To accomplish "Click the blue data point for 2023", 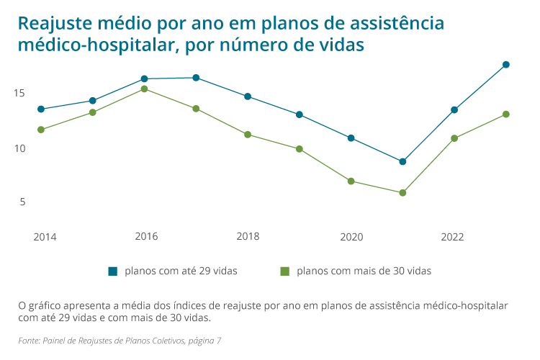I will (x=506, y=65).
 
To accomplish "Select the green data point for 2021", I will (x=402, y=193).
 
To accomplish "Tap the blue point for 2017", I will (x=196, y=78).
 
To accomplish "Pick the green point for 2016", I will (x=144, y=89).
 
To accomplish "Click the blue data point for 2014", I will (x=41, y=109).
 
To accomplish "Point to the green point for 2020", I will (x=351, y=181).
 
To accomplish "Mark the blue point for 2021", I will (x=402, y=161).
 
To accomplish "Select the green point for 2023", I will (x=506, y=114).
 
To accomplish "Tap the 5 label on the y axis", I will (x=22, y=202).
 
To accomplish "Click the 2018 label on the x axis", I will (x=248, y=237).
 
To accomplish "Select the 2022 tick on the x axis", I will (x=453, y=237).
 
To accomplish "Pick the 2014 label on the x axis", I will (x=45, y=237).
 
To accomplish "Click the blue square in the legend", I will (x=112, y=271).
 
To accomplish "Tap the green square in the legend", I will (x=284, y=271).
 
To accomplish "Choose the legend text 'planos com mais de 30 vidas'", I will (x=364, y=271).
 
